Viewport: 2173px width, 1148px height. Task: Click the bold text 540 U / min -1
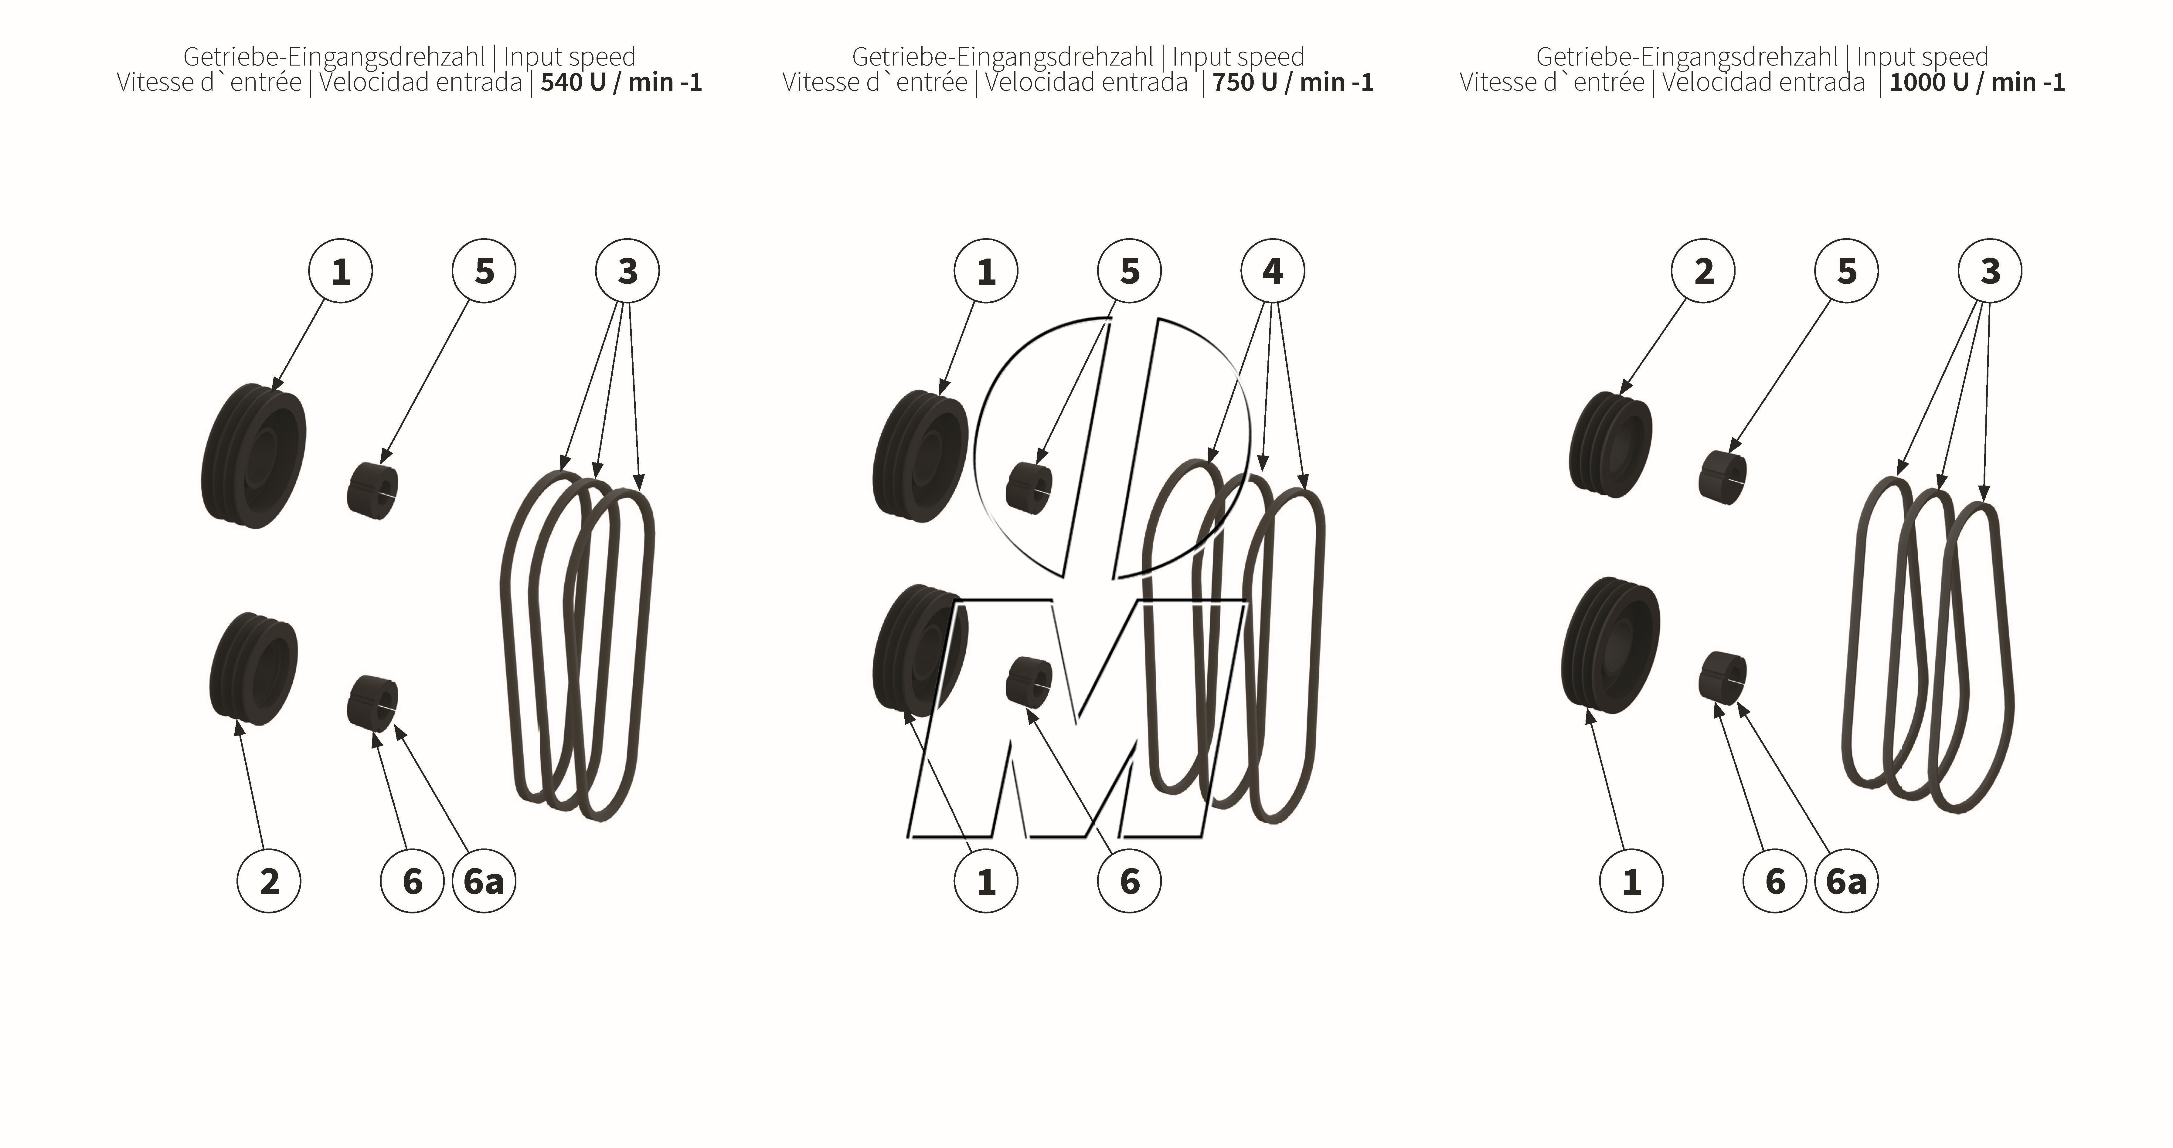pos(621,83)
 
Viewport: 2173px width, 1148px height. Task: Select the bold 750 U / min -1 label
pos(1292,83)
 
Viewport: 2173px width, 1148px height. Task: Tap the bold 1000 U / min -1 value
pos(1977,83)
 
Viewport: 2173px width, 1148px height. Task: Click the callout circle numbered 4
pos(1272,271)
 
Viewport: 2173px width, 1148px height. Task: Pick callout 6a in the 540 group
pos(483,882)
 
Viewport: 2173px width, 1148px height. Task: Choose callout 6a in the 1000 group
pos(1846,882)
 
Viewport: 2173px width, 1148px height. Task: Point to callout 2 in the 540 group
pos(269,882)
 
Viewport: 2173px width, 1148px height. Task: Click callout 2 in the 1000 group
pos(1703,271)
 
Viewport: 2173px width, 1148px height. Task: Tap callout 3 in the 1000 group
pos(1989,271)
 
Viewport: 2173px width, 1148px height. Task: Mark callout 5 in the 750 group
pos(1129,271)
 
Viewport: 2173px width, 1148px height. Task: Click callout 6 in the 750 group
pos(1129,882)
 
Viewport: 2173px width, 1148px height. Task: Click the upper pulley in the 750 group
pos(920,455)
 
